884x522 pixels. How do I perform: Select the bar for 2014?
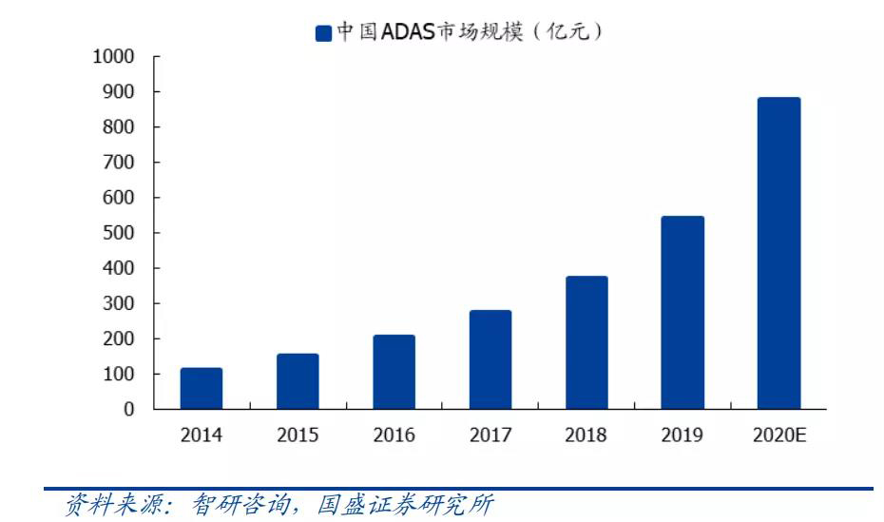[202, 388]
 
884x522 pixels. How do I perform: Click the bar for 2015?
[298, 381]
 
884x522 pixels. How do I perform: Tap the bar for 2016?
[394, 372]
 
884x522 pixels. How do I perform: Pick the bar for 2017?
[490, 359]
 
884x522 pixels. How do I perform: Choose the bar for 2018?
[586, 342]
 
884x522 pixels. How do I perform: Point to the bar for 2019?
[682, 312]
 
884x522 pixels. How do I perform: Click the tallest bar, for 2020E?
[779, 253]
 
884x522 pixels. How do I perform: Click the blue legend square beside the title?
[323, 33]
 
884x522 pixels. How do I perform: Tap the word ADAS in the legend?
[408, 31]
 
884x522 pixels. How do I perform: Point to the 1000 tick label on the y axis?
[113, 56]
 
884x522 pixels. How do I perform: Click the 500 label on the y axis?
[119, 233]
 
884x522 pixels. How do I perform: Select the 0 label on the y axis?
[129, 409]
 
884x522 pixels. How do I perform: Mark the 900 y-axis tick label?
[119, 91]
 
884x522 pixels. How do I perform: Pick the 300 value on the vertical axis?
[119, 303]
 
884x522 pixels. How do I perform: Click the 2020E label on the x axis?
[779, 435]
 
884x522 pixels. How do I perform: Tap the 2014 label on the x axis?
[202, 435]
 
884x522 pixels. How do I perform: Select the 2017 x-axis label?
[490, 435]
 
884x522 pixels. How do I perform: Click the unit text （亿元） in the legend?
[567, 31]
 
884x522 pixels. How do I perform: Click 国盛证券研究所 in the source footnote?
[405, 505]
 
